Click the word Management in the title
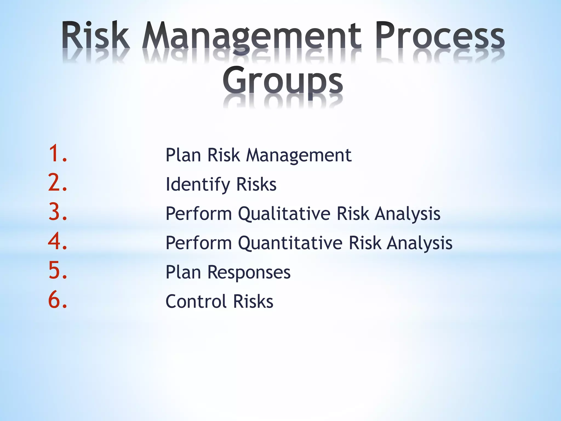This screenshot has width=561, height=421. [251, 37]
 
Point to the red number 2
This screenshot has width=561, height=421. [57, 183]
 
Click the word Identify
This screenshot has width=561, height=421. [198, 184]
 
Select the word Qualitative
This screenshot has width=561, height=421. [284, 214]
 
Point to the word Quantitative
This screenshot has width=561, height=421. [290, 243]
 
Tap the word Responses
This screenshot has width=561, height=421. [249, 272]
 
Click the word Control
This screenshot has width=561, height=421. [196, 301]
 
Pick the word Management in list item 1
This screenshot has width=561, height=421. [299, 155]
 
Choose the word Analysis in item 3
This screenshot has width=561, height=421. [407, 214]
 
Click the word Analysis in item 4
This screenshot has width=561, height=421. [419, 243]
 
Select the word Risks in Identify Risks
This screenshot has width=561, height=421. [256, 184]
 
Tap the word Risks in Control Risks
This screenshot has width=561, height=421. [253, 301]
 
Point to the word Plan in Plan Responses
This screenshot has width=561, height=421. [183, 272]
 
